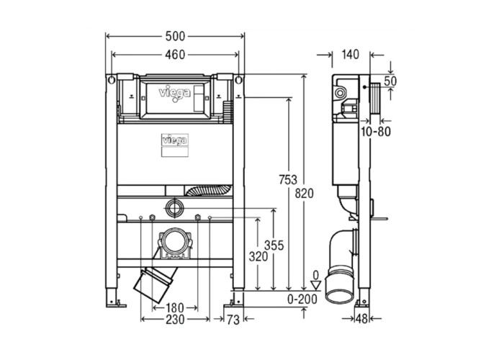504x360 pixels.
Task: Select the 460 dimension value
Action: click(x=175, y=54)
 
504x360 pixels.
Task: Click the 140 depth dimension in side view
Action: click(x=351, y=54)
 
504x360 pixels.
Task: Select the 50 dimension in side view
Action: click(x=389, y=81)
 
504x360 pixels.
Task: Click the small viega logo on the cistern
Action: click(x=173, y=140)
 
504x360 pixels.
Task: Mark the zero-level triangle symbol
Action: click(x=315, y=284)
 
